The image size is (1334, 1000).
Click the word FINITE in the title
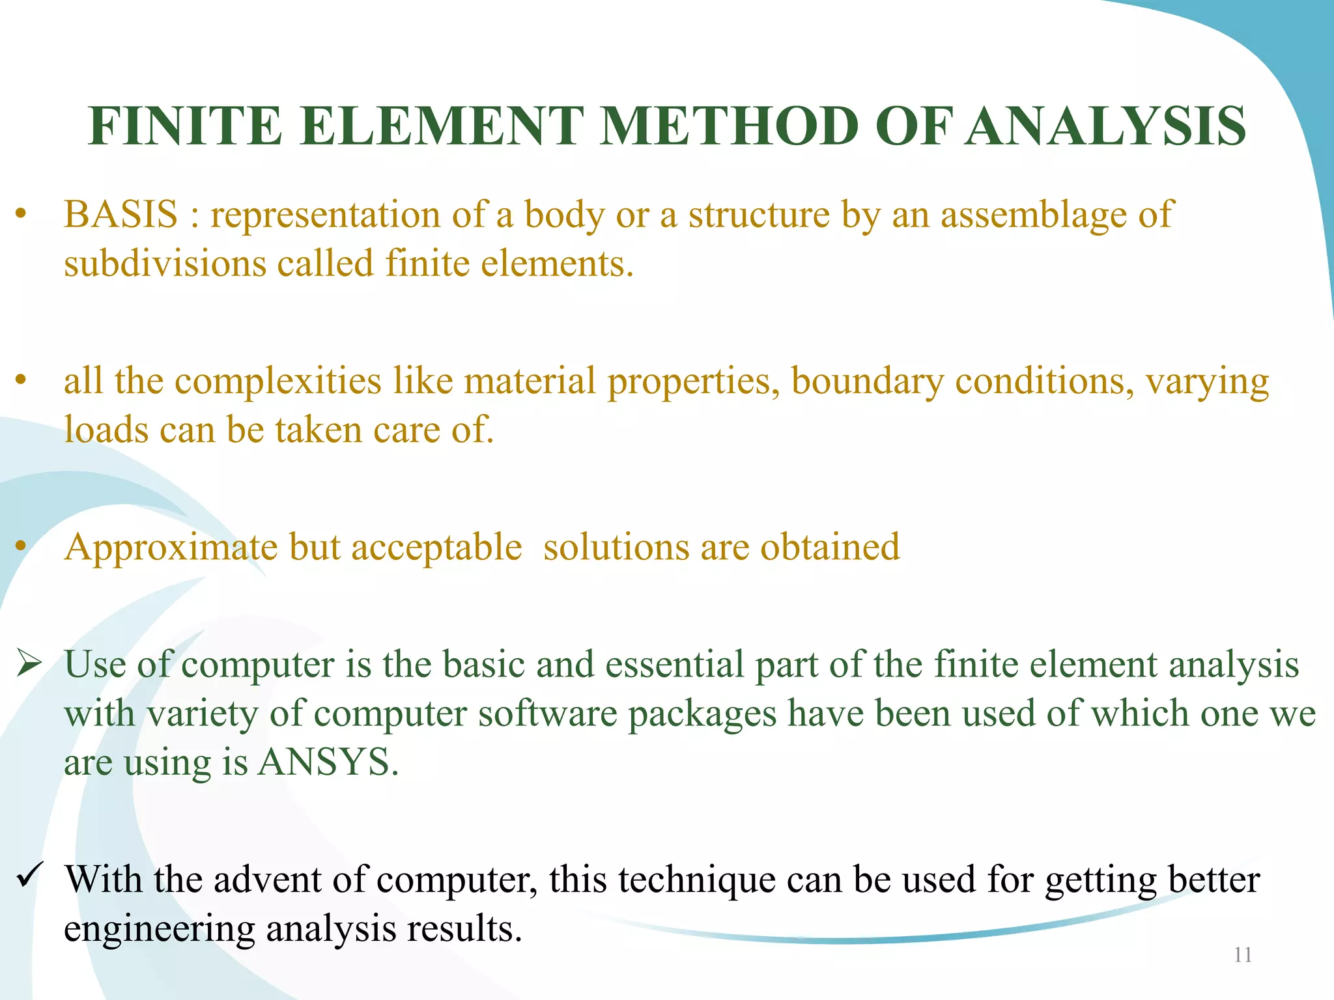pos(185,126)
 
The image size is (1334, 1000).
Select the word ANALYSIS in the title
pos(1106,126)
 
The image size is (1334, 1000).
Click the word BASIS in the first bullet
pos(121,214)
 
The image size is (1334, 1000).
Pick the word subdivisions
pos(165,264)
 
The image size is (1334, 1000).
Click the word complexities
pos(278,381)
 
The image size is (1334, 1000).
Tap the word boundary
pos(867,382)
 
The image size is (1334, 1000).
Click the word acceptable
pos(436,548)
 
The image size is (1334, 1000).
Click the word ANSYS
pos(328,762)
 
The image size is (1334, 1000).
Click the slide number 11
pos(1243,955)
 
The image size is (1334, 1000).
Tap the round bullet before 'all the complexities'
pos(21,380)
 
